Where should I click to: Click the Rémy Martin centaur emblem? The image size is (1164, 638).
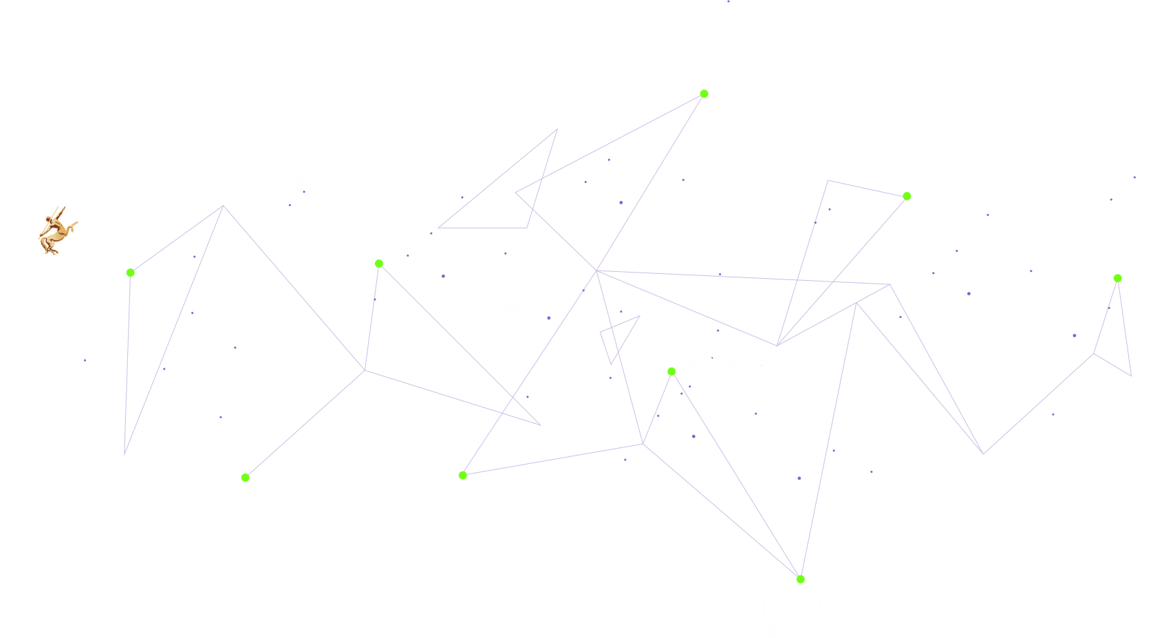click(x=56, y=230)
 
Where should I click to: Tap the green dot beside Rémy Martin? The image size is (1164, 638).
click(x=130, y=273)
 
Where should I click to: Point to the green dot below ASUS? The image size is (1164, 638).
click(x=379, y=264)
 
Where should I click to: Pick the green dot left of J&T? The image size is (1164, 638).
click(x=704, y=94)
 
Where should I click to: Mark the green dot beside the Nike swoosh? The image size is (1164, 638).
click(x=907, y=196)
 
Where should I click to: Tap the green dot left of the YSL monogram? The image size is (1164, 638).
click(x=1118, y=278)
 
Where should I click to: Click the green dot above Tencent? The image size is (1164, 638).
click(x=246, y=477)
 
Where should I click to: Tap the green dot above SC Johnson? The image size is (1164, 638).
click(x=463, y=475)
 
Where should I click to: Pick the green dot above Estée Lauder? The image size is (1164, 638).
click(x=800, y=579)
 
